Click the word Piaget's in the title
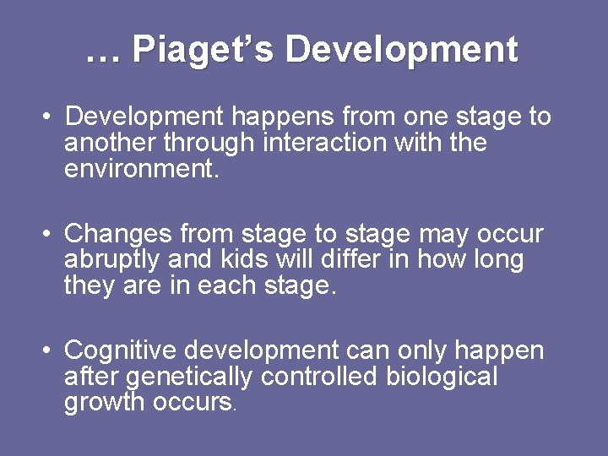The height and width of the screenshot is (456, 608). pyautogui.click(x=204, y=51)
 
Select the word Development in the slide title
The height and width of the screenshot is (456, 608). pyautogui.click(x=401, y=51)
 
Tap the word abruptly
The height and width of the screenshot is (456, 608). pyautogui.click(x=115, y=259)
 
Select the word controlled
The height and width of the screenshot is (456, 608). pyautogui.click(x=320, y=376)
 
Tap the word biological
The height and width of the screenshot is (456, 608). pyautogui.click(x=442, y=376)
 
